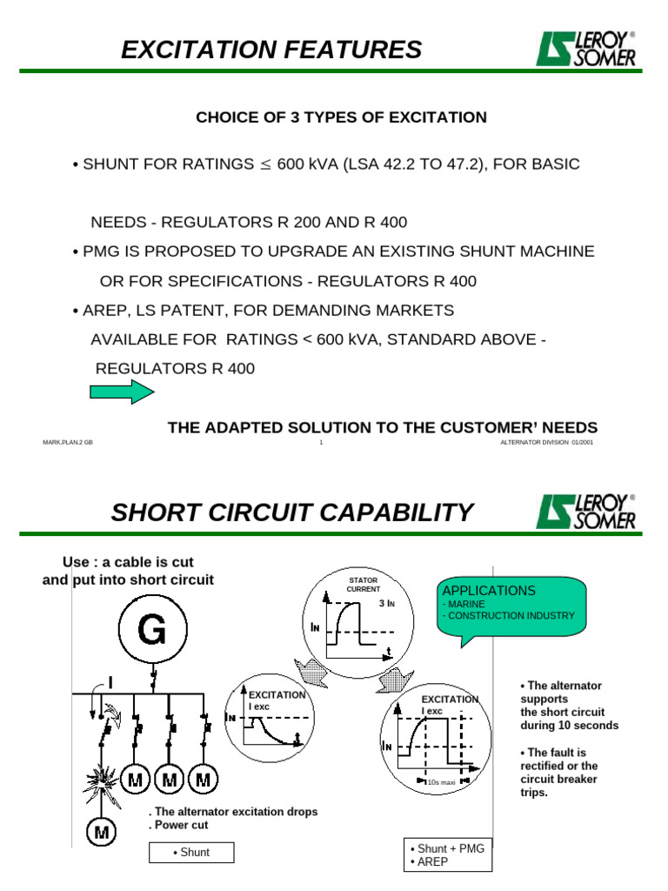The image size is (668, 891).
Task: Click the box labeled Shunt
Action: pos(191,853)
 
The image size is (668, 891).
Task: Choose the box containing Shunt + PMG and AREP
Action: pos(449,855)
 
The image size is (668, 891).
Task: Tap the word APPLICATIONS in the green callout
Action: pos(490,591)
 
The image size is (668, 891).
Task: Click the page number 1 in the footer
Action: pos(321,443)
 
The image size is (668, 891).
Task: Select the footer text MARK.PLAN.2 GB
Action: pos(68,443)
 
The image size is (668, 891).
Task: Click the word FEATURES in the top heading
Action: pos(345,50)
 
